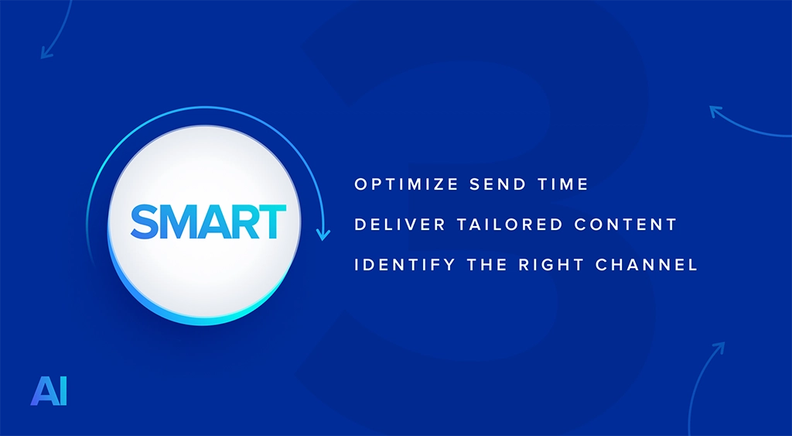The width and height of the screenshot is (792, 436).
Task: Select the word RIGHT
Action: click(551, 265)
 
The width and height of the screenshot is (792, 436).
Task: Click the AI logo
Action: click(49, 390)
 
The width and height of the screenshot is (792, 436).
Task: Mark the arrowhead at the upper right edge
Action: click(715, 111)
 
